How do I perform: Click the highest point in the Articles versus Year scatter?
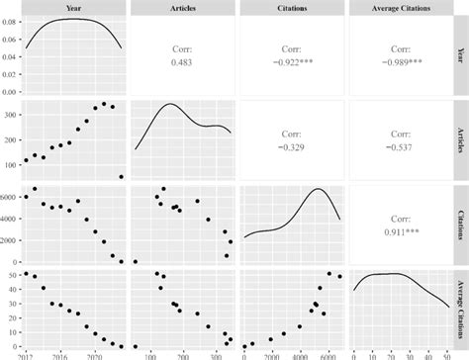point(104,103)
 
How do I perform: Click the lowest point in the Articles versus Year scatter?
point(122,177)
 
